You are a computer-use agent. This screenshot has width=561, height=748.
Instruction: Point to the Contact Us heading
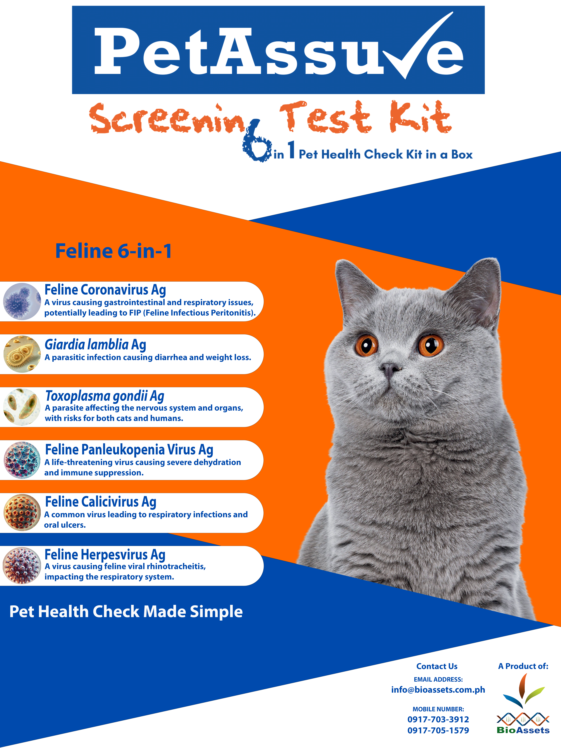[x=437, y=666]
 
